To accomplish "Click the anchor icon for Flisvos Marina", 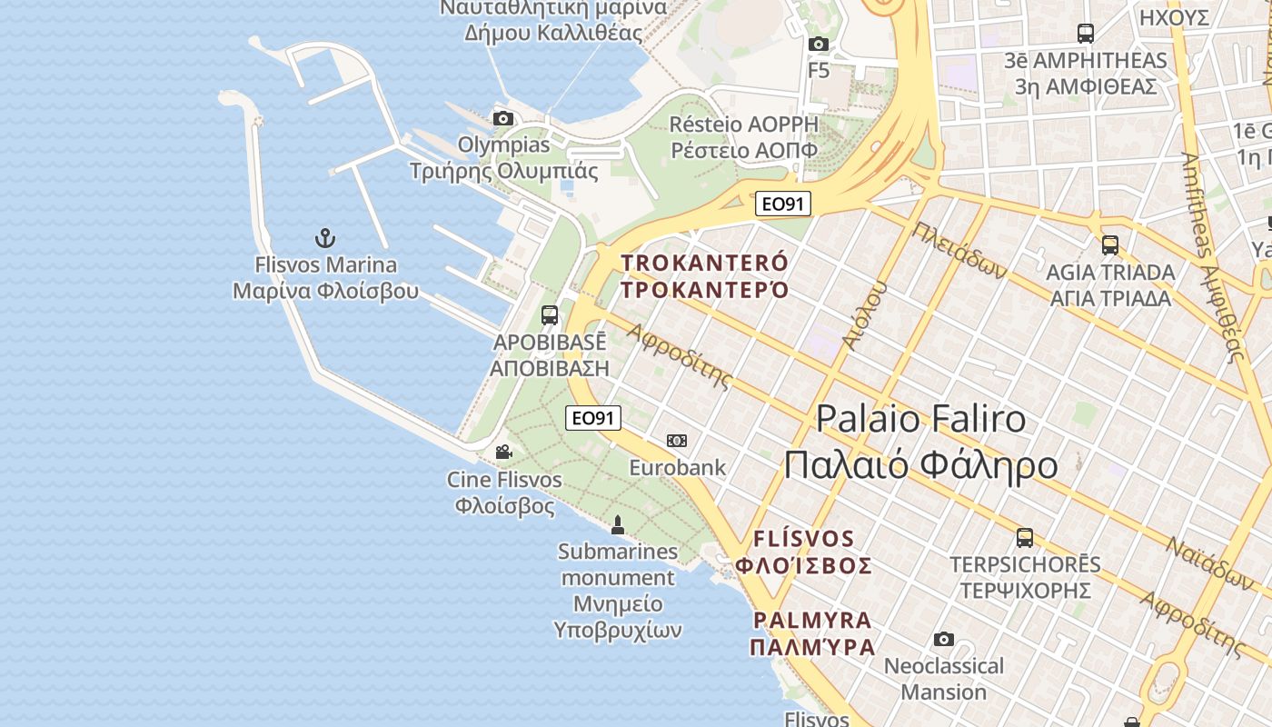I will coord(325,238).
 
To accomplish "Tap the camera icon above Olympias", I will coord(502,118).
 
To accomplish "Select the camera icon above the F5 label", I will coord(819,44).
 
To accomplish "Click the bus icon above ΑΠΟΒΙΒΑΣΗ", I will coord(550,315).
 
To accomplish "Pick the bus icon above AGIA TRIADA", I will coord(1109,244).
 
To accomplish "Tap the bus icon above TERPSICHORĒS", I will coord(1025,537).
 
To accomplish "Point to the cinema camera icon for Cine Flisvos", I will coord(503,452).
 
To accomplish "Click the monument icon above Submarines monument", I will coord(618,524).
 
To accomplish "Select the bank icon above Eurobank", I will coord(677,441).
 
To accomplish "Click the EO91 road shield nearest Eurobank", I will coord(593,418).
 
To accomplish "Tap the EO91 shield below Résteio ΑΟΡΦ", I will coord(782,204).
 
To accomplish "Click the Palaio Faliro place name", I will coord(920,419).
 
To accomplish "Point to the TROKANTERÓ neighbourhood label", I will coord(705,264).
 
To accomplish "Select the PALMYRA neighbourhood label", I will coord(812,621).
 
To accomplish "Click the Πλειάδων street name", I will coord(960,250).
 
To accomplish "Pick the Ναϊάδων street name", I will coord(1209,563).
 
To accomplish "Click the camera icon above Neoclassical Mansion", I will coord(944,639).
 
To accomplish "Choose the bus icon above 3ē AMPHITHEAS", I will coord(1085,34).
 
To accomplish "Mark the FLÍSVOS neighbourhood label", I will coord(804,539).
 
